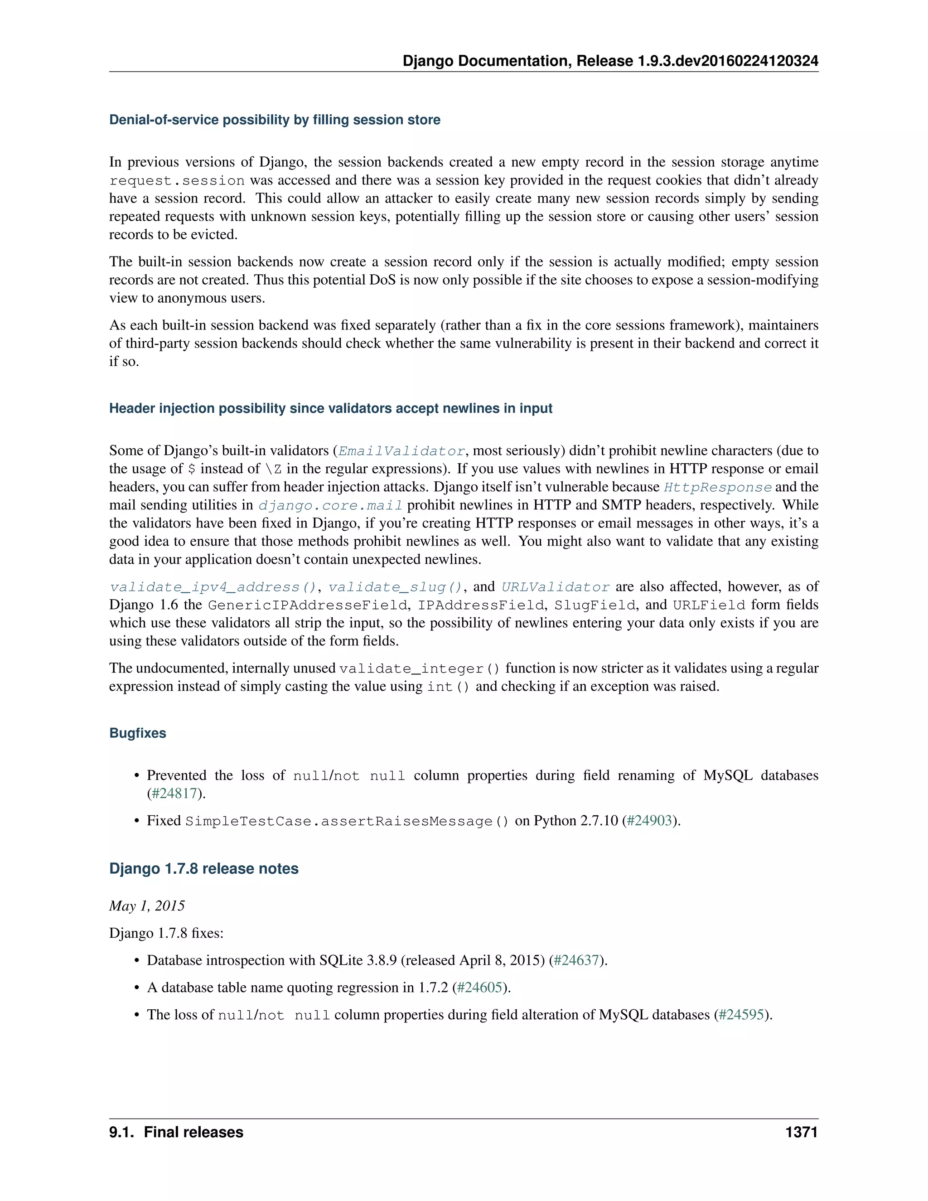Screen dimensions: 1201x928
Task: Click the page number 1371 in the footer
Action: (801, 1132)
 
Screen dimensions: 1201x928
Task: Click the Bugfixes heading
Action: (137, 733)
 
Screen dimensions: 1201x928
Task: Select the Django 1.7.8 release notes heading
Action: (203, 868)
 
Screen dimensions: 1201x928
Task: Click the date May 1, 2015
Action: (147, 906)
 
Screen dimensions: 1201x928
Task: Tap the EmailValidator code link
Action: (402, 451)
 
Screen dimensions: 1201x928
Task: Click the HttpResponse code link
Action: (717, 487)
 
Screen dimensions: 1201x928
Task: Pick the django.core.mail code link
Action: (330, 505)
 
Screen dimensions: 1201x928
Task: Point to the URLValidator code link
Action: (555, 587)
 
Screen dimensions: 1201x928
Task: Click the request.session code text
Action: (177, 180)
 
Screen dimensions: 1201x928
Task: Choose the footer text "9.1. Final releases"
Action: (176, 1132)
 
